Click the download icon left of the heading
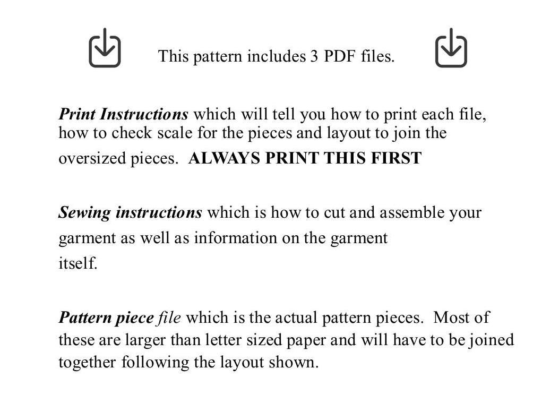click(x=105, y=48)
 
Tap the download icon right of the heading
click(x=451, y=48)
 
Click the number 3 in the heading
click(x=314, y=56)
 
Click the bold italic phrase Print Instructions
click(x=123, y=115)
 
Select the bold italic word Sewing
click(x=84, y=213)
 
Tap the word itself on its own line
click(x=78, y=263)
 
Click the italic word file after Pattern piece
click(x=169, y=318)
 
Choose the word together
click(x=88, y=363)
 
